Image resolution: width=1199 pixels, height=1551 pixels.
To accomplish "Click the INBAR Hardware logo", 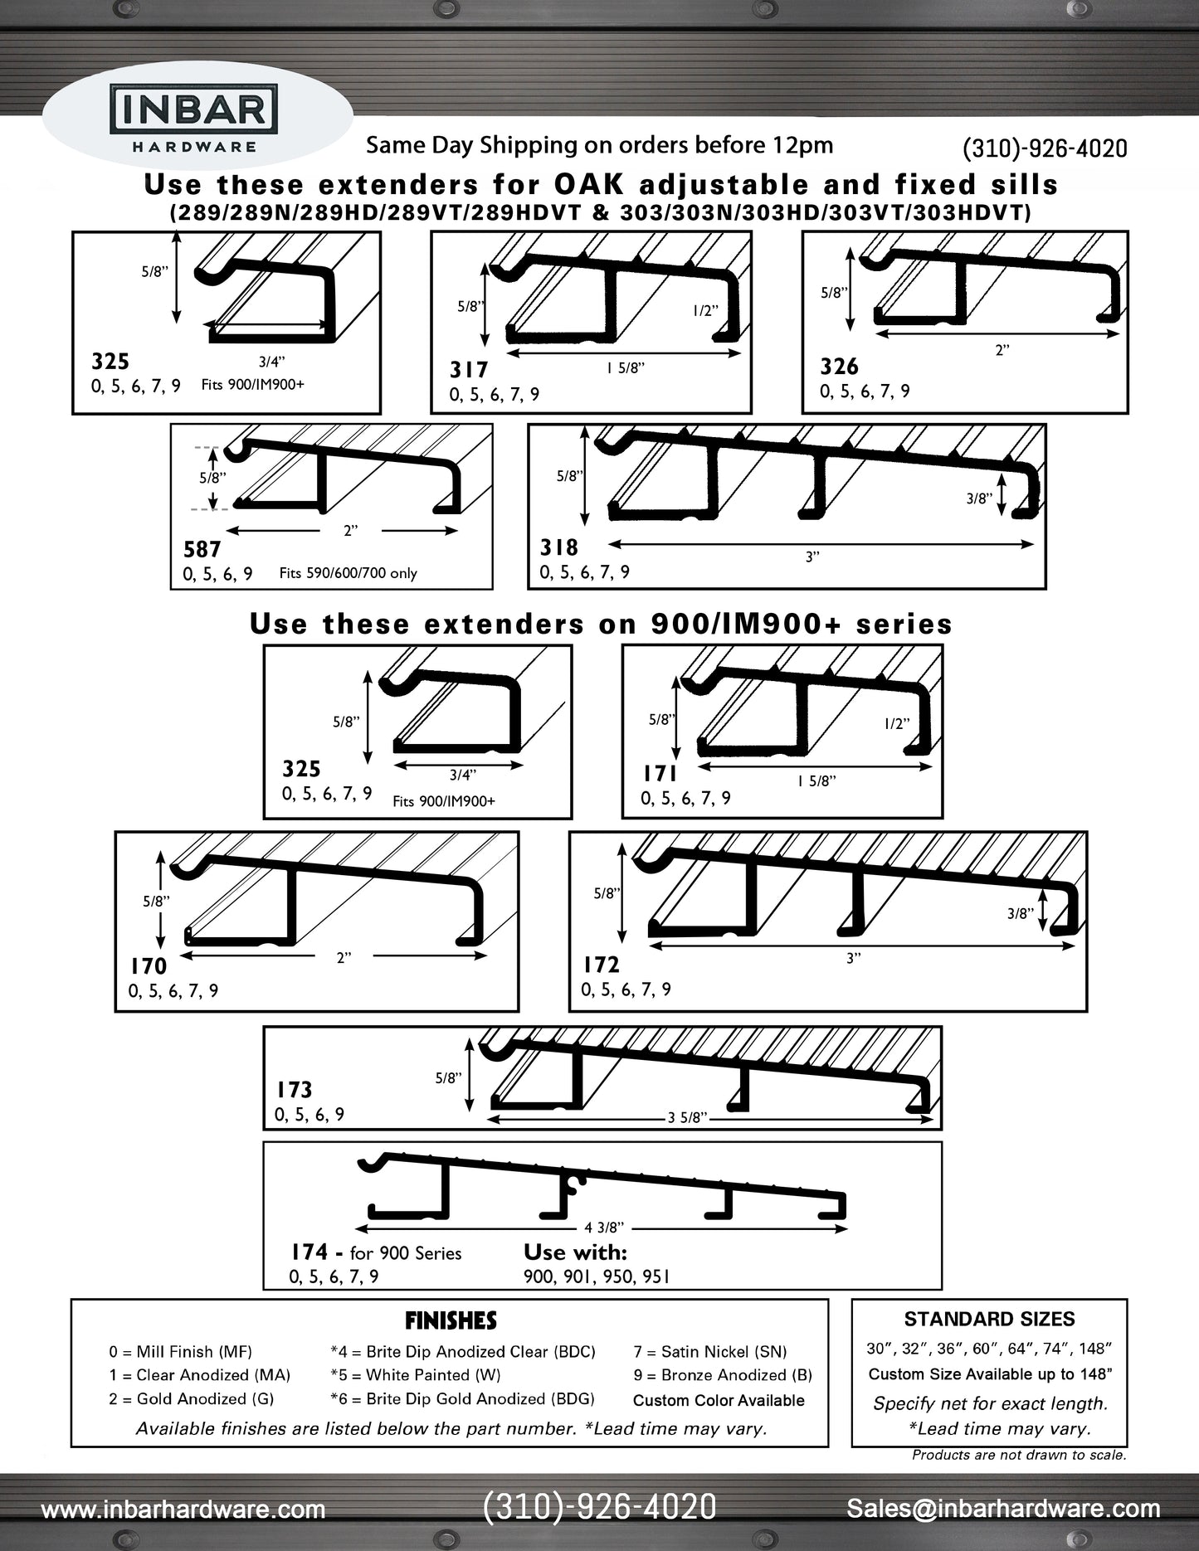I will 193,120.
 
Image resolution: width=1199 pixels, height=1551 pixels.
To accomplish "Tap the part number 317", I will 469,370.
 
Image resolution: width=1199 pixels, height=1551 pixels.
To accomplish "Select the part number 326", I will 839,367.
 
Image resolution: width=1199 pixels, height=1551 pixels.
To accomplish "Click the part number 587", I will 202,550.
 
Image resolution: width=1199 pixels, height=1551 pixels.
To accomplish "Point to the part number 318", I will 558,547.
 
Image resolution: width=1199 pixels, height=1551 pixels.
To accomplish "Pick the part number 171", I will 660,774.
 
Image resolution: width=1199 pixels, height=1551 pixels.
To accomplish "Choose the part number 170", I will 149,966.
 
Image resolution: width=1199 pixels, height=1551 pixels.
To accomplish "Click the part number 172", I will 601,965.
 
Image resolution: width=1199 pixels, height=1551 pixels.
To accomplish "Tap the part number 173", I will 295,1089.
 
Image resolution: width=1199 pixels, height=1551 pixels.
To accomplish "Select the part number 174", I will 309,1252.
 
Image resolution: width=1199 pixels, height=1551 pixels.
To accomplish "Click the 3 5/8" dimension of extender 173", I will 687,1117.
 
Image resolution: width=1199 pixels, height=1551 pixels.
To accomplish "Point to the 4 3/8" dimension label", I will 604,1228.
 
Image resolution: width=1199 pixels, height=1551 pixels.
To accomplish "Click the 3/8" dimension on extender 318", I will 978,498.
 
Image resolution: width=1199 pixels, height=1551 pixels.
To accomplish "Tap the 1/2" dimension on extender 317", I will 704,311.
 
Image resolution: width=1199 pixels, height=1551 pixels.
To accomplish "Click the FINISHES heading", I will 451,1320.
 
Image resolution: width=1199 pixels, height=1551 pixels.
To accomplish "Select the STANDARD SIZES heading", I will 989,1319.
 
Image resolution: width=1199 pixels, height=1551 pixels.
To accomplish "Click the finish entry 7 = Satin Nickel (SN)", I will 709,1352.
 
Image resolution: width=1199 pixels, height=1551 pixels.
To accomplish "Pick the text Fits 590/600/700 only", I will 348,573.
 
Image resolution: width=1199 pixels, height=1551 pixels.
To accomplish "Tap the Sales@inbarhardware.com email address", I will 1003,1509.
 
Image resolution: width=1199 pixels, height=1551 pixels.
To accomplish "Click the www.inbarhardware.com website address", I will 183,1510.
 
